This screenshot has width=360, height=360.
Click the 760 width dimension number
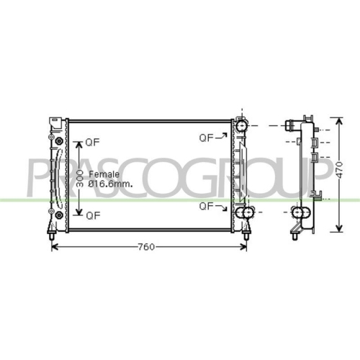(x=146, y=247)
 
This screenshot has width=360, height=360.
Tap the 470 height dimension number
(x=339, y=170)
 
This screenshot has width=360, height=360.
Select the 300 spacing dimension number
(x=80, y=179)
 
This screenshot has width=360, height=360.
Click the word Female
(x=104, y=174)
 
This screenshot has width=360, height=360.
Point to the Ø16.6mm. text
(x=110, y=184)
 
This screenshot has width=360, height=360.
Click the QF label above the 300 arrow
(x=93, y=143)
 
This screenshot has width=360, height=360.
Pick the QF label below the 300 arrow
(x=93, y=216)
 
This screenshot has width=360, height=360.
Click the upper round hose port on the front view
(x=241, y=125)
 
